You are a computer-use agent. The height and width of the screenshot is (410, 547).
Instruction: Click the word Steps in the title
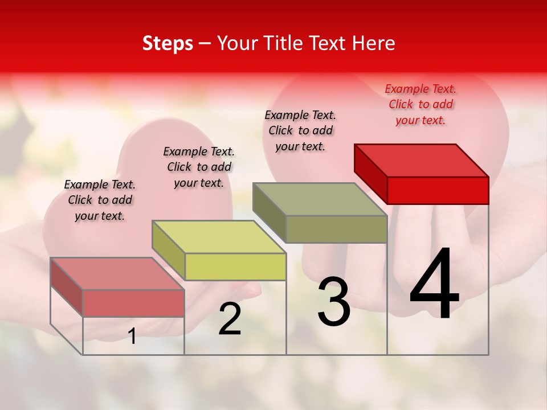click(168, 43)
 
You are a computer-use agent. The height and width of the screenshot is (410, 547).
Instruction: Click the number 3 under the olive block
click(334, 302)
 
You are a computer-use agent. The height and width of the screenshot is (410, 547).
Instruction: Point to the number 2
click(230, 319)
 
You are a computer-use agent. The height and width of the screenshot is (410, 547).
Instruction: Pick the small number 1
click(132, 337)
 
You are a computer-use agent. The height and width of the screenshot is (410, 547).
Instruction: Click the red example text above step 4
click(421, 104)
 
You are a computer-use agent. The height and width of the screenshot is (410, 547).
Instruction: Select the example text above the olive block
click(300, 130)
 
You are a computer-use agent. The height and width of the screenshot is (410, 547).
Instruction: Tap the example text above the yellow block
click(199, 167)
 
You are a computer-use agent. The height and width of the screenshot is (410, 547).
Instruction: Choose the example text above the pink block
click(100, 200)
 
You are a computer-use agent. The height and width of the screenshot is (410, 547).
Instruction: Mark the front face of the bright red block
click(438, 190)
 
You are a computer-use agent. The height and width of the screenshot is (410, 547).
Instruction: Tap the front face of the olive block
click(336, 229)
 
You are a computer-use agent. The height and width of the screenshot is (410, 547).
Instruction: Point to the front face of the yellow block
click(235, 266)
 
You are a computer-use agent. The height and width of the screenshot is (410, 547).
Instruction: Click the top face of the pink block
click(117, 273)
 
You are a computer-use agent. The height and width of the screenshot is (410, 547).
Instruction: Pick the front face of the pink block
click(133, 303)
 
